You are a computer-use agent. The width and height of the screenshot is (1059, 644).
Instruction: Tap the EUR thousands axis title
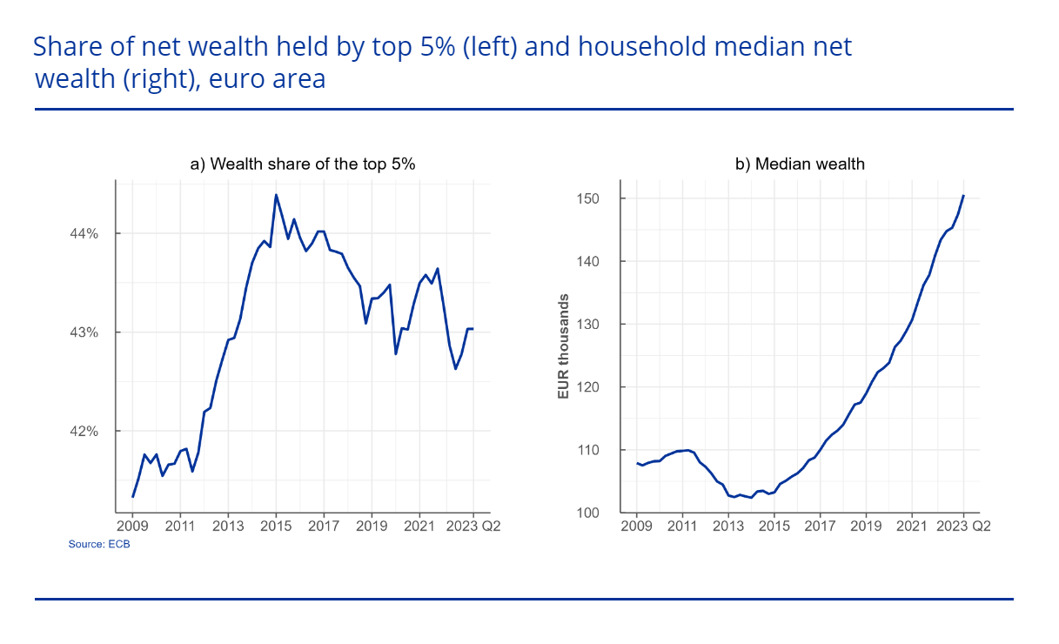(563, 346)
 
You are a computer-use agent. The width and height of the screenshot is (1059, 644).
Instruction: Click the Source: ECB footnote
(93, 544)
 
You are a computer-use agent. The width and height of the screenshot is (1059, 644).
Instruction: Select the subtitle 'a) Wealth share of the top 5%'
(302, 164)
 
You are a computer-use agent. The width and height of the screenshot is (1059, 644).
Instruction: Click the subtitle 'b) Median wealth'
(800, 164)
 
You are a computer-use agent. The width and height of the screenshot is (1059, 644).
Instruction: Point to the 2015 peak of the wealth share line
(276, 195)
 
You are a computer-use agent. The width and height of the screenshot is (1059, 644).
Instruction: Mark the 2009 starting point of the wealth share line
(132, 497)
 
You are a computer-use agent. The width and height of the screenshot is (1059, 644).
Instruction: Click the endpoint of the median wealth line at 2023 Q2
(963, 196)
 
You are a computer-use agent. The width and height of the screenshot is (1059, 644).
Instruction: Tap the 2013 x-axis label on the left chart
(228, 526)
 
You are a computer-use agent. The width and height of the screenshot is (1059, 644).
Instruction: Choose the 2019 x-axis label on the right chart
(866, 526)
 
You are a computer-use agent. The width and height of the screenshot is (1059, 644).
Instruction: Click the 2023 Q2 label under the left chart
(478, 526)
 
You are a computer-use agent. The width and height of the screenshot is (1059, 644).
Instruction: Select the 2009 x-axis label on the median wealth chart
(636, 526)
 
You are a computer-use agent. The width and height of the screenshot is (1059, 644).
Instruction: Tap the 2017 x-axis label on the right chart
(820, 526)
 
